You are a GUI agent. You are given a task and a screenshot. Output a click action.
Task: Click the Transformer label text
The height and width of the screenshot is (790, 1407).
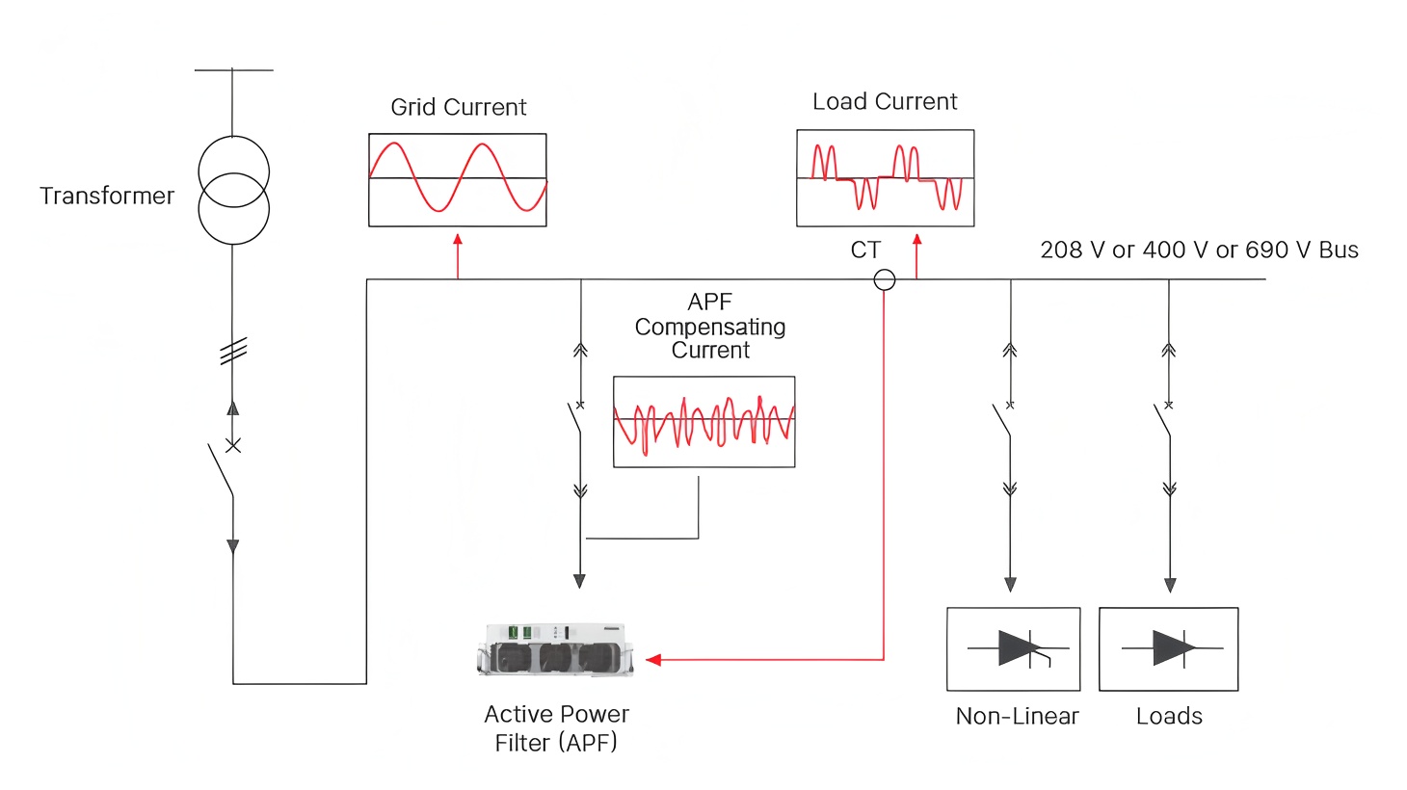click(x=107, y=196)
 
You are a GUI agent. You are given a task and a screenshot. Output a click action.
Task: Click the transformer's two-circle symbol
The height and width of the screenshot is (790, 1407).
click(x=233, y=191)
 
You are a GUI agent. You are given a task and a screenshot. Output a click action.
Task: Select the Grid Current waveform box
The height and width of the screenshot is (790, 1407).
click(x=458, y=180)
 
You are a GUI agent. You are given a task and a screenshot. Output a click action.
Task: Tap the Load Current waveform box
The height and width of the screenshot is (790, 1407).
click(x=885, y=178)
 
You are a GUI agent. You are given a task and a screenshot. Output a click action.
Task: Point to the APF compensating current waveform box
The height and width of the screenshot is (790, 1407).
click(x=704, y=422)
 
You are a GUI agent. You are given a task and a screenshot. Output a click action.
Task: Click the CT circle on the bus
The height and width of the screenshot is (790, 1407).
click(x=885, y=280)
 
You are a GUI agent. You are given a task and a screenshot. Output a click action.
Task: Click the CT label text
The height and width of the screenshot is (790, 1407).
click(x=865, y=250)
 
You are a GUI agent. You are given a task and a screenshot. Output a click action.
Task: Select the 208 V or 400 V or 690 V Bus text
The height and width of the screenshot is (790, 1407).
click(x=1199, y=250)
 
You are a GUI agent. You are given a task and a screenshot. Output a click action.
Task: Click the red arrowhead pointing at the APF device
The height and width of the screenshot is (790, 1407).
click(x=653, y=660)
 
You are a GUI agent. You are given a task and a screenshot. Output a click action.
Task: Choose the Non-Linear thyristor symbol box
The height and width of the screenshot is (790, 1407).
click(x=1014, y=649)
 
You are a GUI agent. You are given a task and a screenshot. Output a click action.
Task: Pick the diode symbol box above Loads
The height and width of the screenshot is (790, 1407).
click(x=1169, y=649)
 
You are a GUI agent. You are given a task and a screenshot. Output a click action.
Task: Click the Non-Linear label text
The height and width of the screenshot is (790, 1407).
click(x=1017, y=716)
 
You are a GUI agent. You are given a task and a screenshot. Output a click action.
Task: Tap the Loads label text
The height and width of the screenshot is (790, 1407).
click(x=1169, y=716)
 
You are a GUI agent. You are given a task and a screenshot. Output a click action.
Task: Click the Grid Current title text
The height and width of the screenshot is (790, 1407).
click(x=459, y=107)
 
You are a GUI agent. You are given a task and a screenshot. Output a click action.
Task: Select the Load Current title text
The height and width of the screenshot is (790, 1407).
click(x=885, y=101)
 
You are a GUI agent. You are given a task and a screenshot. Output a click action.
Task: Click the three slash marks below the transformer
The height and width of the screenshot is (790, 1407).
click(x=233, y=352)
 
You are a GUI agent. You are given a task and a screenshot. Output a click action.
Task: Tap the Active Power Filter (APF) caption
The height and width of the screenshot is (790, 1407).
click(x=556, y=728)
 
